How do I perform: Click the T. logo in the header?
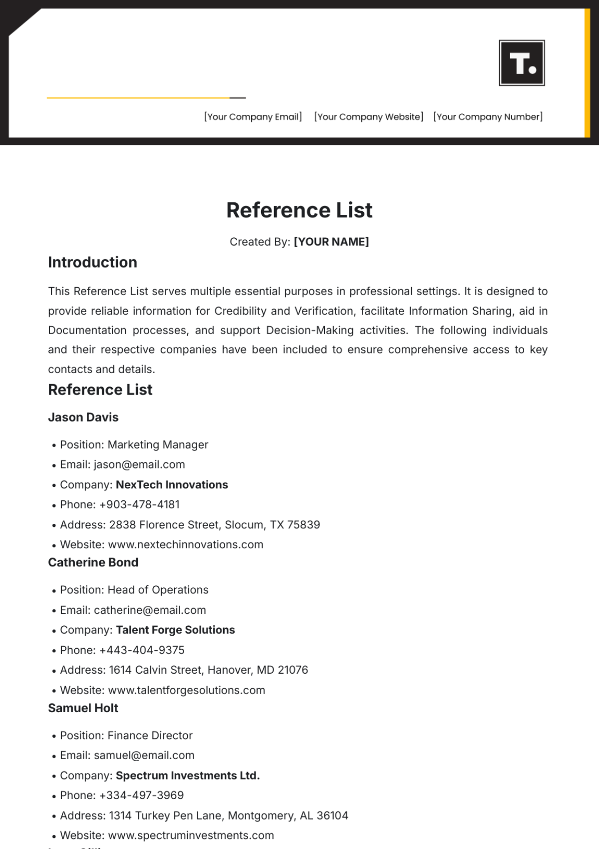tap(522, 63)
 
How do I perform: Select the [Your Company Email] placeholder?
tap(253, 117)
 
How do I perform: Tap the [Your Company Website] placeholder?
tap(368, 117)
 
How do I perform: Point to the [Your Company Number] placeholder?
tap(488, 117)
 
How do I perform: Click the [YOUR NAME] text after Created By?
tap(331, 242)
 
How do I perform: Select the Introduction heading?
tap(92, 262)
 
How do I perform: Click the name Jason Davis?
tap(83, 418)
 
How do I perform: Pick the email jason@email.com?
tap(139, 464)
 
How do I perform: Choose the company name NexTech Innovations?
tap(172, 484)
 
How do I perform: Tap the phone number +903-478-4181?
tap(140, 504)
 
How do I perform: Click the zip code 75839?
tap(303, 525)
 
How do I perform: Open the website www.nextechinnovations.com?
tap(186, 545)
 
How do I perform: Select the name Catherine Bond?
tap(93, 563)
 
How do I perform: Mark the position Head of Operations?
tap(158, 590)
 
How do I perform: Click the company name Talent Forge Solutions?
tap(175, 630)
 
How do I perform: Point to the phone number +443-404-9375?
tap(142, 650)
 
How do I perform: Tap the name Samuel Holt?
tap(83, 708)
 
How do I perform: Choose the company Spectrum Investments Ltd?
tap(188, 776)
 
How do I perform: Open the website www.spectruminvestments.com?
tap(191, 836)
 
